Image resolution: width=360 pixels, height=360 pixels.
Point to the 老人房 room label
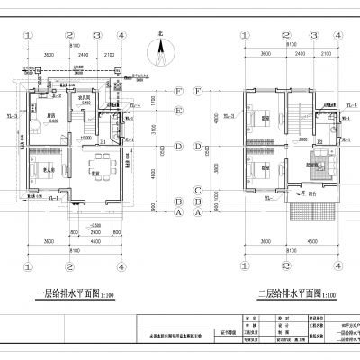52,169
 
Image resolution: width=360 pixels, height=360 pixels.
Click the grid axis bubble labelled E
180,111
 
